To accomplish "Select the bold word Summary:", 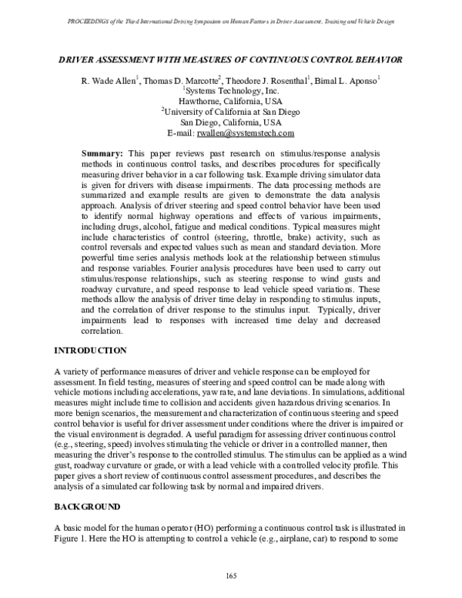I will click(106, 155).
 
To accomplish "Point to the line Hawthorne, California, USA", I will click(230, 100).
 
